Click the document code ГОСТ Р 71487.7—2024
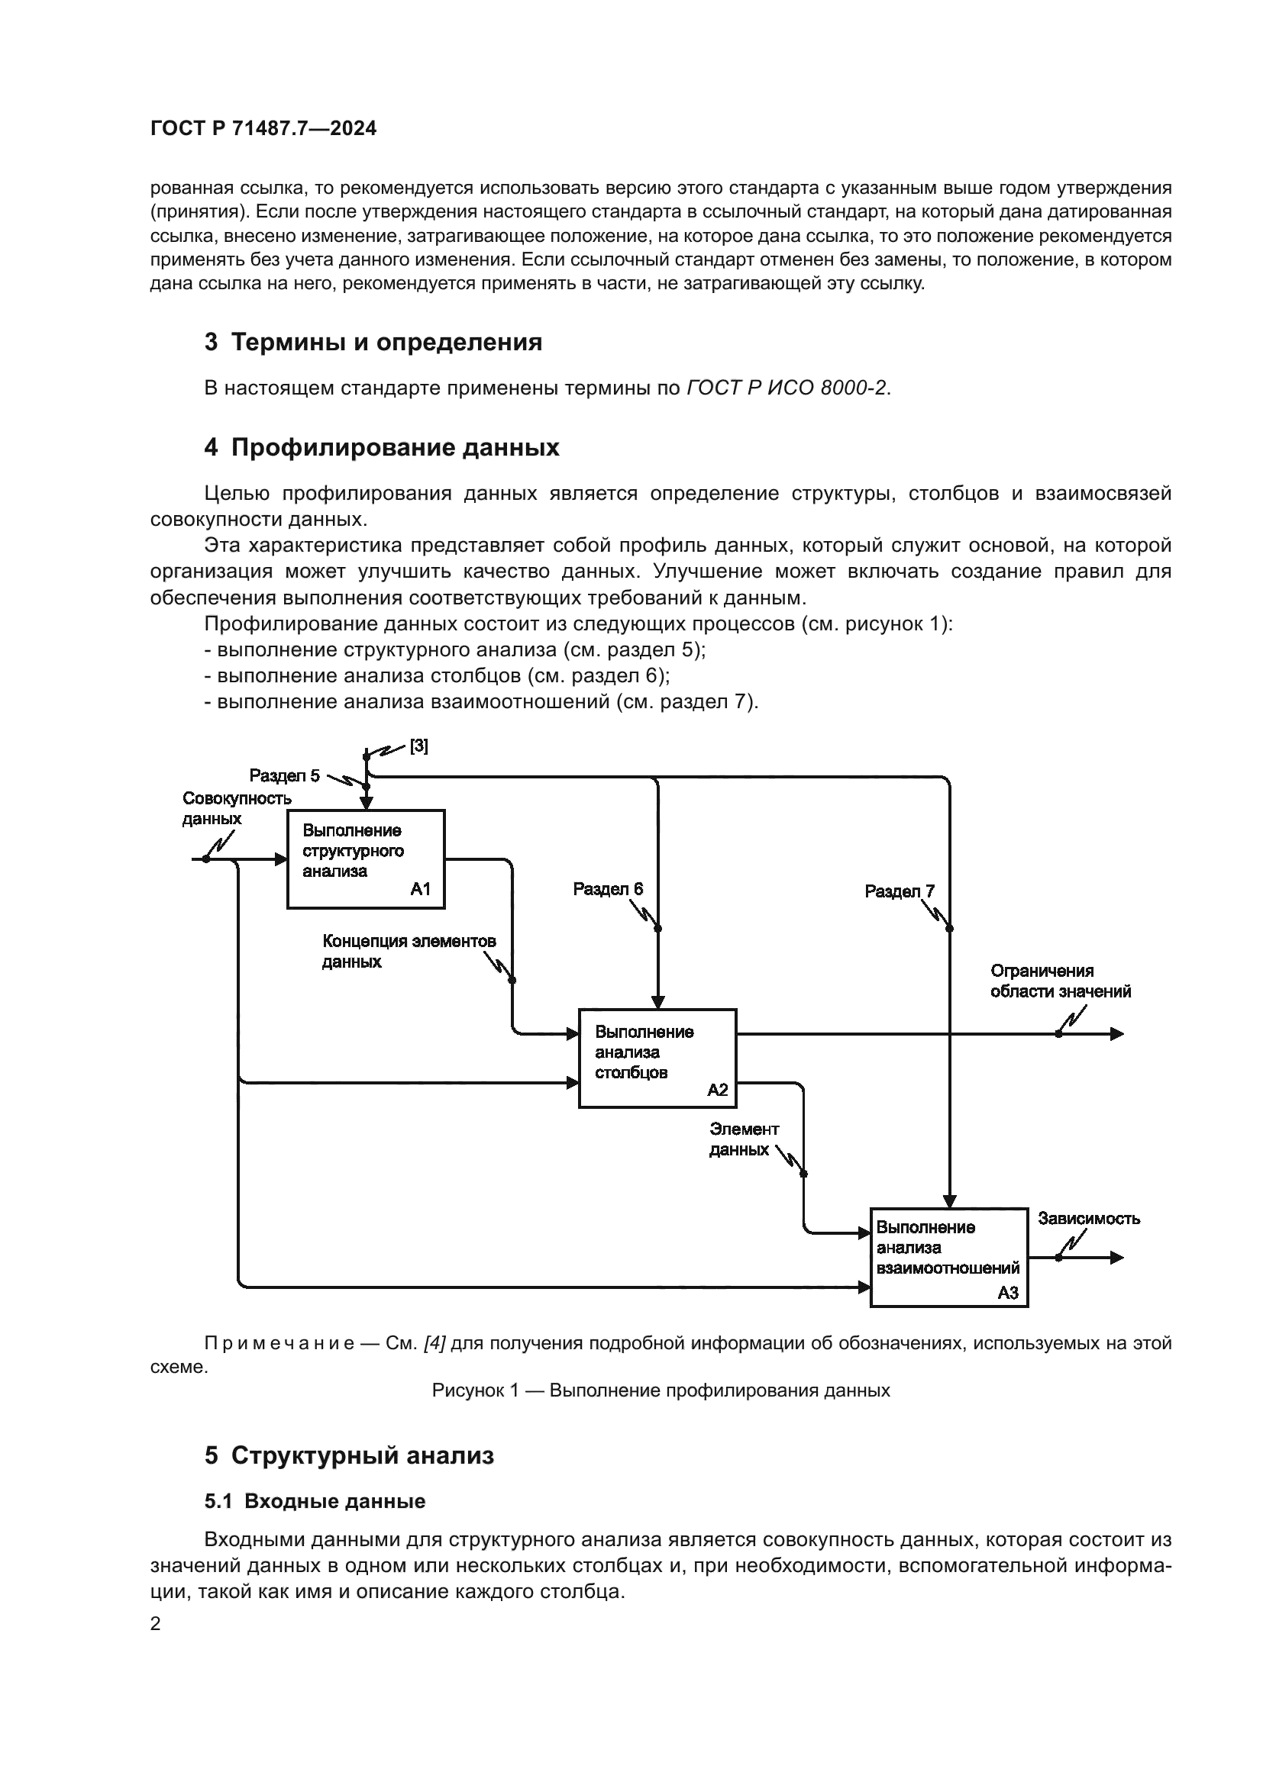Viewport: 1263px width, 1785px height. tap(263, 129)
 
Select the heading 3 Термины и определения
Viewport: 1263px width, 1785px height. tap(373, 342)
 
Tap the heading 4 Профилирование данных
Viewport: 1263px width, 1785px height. tap(381, 448)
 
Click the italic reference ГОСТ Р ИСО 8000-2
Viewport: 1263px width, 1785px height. tap(787, 388)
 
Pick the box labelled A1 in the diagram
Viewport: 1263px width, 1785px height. tap(366, 859)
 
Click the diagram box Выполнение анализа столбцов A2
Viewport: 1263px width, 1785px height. tap(657, 1058)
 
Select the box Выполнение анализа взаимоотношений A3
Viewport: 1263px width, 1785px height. tap(949, 1257)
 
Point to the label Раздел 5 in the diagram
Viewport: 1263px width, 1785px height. tap(284, 775)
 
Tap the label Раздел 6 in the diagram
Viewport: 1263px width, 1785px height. tap(607, 888)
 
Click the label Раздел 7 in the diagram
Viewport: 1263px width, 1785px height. tap(899, 891)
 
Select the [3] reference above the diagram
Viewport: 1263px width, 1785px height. tap(418, 746)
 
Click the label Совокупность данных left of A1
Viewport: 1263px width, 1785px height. tap(236, 808)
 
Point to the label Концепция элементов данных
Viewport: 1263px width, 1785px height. tap(409, 951)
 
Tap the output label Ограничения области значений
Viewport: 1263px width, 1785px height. tap(1060, 981)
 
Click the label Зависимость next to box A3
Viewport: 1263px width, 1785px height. tap(1089, 1218)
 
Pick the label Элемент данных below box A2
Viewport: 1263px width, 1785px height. tap(743, 1139)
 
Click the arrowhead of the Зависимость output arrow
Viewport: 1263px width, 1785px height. tap(1118, 1257)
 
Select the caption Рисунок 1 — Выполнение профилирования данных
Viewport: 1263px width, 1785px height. tap(661, 1390)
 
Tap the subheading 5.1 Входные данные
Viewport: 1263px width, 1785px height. tap(315, 1501)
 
